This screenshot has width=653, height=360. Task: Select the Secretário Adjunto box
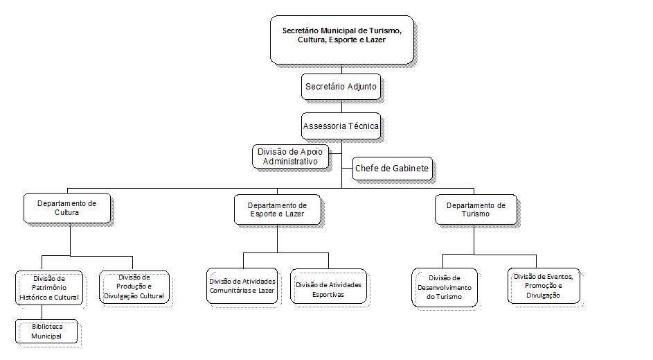pyautogui.click(x=342, y=87)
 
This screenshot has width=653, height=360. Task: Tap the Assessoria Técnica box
pyautogui.click(x=342, y=127)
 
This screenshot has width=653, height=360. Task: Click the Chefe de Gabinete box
pyautogui.click(x=391, y=169)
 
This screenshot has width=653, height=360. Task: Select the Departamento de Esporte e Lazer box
pyautogui.click(x=277, y=210)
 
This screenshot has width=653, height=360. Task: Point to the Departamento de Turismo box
pyautogui.click(x=476, y=209)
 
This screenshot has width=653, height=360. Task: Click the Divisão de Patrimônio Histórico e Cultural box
pyautogui.click(x=49, y=288)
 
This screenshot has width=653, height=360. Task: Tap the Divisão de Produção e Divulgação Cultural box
pyautogui.click(x=134, y=286)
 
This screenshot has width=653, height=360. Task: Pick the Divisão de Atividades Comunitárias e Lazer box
pyautogui.click(x=242, y=286)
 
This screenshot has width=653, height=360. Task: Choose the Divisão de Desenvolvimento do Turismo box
pyautogui.click(x=445, y=287)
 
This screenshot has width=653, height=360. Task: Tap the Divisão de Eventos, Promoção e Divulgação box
pyautogui.click(x=543, y=286)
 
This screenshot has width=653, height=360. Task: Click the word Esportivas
pyautogui.click(x=329, y=294)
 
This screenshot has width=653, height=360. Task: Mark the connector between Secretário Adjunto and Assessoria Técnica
pyautogui.click(x=342, y=107)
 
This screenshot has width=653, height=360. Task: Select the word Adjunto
pyautogui.click(x=364, y=87)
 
